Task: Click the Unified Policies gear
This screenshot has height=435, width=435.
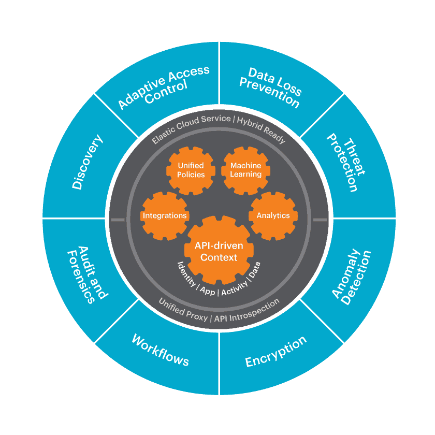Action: [x=191, y=170]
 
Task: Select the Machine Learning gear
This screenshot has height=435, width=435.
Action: [x=246, y=170]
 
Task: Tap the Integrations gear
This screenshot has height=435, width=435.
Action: [x=165, y=215]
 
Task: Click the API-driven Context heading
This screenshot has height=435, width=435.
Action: [x=219, y=252]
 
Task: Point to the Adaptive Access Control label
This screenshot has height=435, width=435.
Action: [x=164, y=88]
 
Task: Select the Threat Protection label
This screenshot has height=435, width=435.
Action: [x=343, y=163]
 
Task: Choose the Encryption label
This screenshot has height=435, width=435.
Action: [x=275, y=352]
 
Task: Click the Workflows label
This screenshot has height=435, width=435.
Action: [x=160, y=350]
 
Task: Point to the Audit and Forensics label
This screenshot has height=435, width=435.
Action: [x=88, y=274]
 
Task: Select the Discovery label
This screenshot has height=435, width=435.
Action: [x=87, y=162]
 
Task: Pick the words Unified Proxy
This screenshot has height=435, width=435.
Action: [x=183, y=309]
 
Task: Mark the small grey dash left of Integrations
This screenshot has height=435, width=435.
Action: [x=118, y=220]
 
